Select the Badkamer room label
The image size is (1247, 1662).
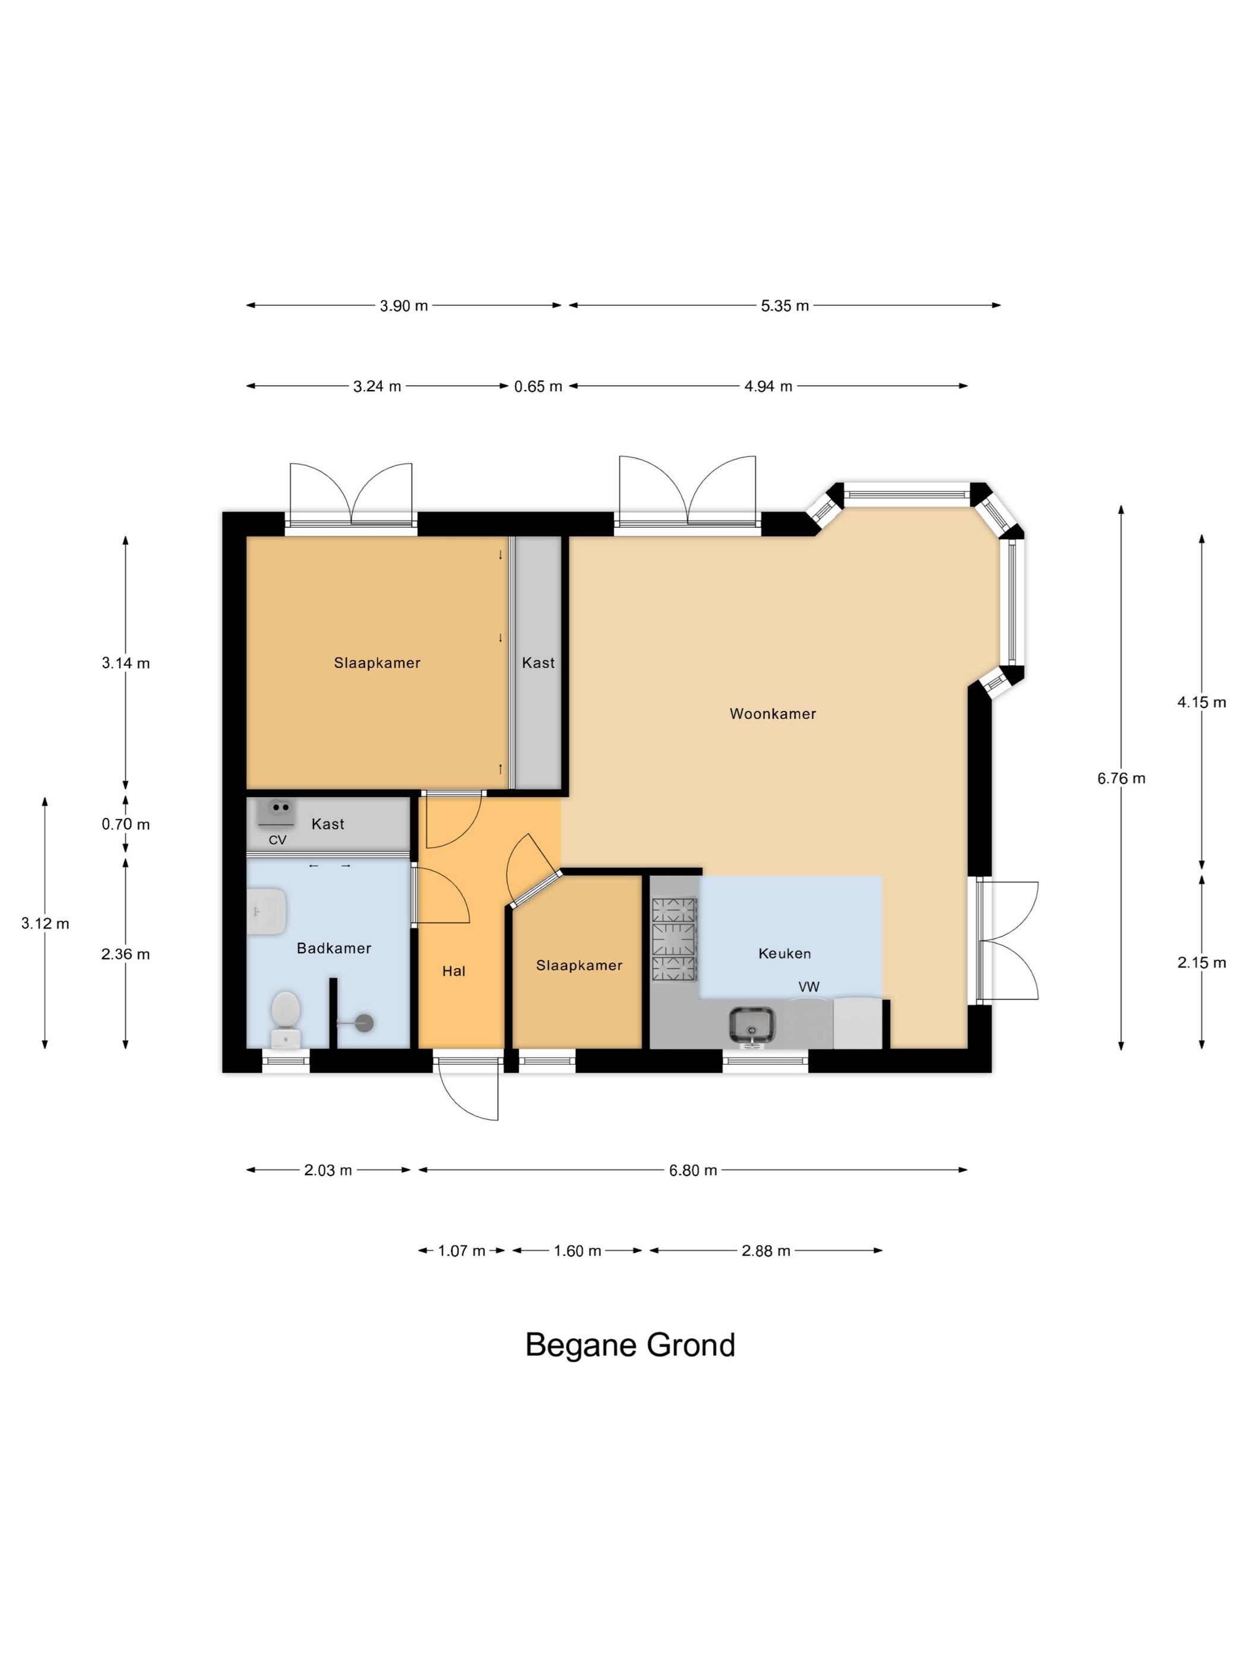(334, 948)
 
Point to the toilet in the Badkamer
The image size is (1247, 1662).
(286, 1019)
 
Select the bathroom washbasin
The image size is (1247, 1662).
(266, 911)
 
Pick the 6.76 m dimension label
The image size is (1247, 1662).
(1121, 778)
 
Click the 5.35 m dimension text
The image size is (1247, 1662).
(785, 306)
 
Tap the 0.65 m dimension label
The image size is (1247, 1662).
(538, 386)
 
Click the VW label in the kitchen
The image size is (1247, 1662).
(809, 987)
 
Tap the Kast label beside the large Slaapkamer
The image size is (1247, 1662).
(538, 662)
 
